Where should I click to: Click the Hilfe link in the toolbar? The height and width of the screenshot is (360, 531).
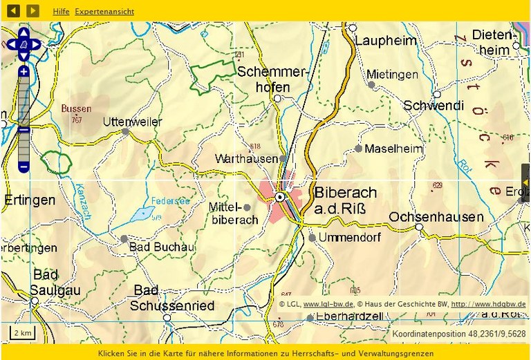point(61,12)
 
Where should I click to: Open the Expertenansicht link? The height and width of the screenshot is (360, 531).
point(104,12)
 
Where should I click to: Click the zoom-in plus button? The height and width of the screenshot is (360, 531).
point(24,71)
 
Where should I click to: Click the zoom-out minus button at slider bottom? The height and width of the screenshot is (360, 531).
point(24,167)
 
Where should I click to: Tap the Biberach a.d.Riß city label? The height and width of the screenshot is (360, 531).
point(346,200)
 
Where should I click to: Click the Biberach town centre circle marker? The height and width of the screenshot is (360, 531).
point(280,197)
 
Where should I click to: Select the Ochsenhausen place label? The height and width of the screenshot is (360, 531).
point(436,217)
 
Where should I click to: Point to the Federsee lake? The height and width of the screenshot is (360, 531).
point(142,212)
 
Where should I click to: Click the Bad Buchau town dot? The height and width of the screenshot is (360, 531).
point(124,238)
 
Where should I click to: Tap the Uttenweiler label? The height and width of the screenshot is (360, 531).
point(131,122)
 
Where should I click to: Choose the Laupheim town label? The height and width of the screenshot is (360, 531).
point(386,41)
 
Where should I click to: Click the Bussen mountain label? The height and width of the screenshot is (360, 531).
point(76,108)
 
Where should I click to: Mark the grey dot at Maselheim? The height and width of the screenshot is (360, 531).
point(358,149)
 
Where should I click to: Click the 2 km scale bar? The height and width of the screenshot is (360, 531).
point(23,333)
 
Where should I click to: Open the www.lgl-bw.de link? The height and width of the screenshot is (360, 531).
point(328,304)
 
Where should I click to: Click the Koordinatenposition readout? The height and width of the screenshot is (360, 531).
point(458,334)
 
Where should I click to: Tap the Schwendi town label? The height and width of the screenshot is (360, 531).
point(433,106)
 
